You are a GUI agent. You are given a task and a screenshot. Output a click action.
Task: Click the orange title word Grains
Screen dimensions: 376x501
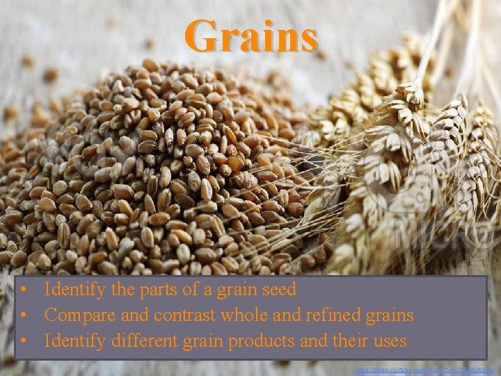[251, 36]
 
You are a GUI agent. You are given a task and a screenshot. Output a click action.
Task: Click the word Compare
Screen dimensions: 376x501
[77, 315]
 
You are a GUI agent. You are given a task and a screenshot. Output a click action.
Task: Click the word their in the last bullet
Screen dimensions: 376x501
[347, 341]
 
